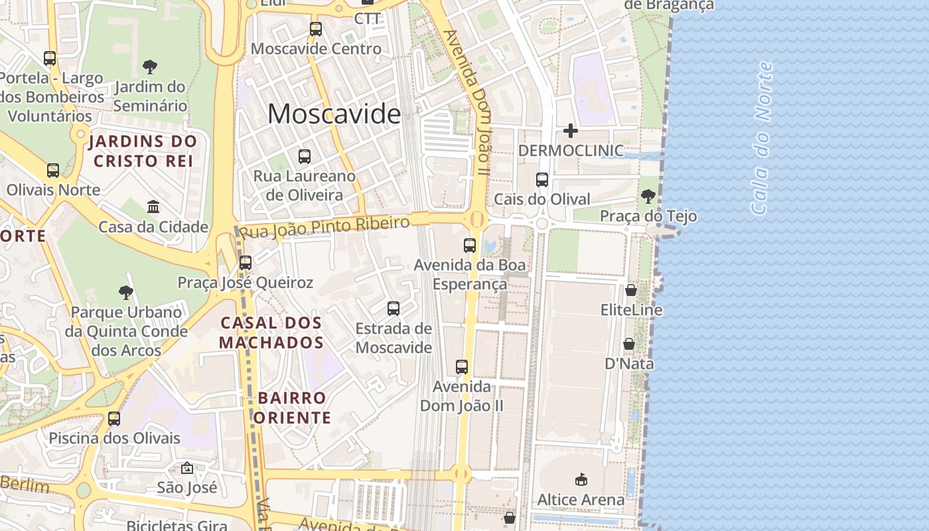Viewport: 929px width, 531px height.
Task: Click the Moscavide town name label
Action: (334, 114)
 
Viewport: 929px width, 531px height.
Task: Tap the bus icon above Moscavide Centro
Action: (316, 29)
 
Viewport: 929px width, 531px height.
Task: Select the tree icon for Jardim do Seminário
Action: (150, 66)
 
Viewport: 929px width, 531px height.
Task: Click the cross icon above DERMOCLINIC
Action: (570, 131)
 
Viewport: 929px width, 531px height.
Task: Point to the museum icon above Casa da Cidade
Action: (153, 206)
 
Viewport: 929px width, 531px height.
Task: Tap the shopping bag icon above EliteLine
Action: (631, 290)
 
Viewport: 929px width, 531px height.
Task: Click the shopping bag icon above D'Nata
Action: (629, 344)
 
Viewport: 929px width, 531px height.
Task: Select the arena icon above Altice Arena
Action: (581, 479)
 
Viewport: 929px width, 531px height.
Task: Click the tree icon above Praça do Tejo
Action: (648, 196)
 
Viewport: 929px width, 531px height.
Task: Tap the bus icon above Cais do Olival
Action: (542, 179)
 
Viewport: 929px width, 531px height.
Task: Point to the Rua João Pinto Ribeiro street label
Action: (324, 227)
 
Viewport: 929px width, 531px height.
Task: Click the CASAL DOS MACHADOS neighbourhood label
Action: (271, 333)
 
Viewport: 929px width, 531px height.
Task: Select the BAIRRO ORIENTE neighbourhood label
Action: (292, 408)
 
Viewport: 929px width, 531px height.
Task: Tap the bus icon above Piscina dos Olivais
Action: (114, 418)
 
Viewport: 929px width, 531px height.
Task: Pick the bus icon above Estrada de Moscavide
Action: (393, 308)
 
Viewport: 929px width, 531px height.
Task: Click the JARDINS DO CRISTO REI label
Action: (143, 151)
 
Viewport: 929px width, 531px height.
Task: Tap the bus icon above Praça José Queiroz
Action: (246, 262)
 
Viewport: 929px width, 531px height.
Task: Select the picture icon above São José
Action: (187, 468)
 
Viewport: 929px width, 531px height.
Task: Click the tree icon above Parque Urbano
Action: (125, 292)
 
